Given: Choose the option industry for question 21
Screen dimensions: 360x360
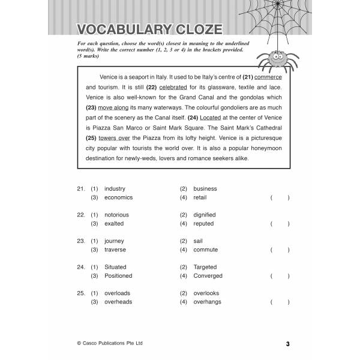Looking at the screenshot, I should (x=115, y=188).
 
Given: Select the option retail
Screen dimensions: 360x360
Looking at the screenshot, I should (x=200, y=197).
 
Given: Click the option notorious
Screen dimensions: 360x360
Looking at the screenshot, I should (x=116, y=215).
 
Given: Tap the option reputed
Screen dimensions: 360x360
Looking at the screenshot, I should (x=203, y=224).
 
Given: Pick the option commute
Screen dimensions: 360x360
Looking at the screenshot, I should (x=206, y=250).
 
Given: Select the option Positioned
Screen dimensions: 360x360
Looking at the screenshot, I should (x=118, y=276).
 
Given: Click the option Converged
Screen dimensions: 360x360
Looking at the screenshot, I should (x=208, y=276).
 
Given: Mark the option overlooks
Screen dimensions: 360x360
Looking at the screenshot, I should (x=206, y=293).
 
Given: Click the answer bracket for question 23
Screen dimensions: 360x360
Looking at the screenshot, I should (x=280, y=250).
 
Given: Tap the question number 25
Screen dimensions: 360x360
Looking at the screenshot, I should (x=81, y=293).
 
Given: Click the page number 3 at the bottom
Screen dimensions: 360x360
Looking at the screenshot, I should (x=288, y=344).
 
